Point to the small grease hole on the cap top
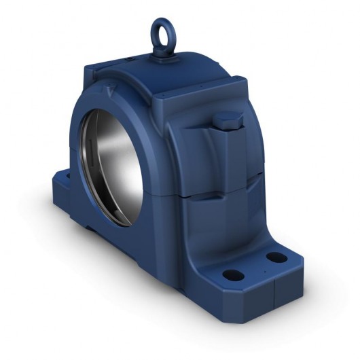click(x=129, y=59)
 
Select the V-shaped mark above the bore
click(x=109, y=90)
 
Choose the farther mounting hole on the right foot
click(x=275, y=257)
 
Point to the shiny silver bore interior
click(x=119, y=156)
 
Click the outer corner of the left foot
click(x=52, y=181)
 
